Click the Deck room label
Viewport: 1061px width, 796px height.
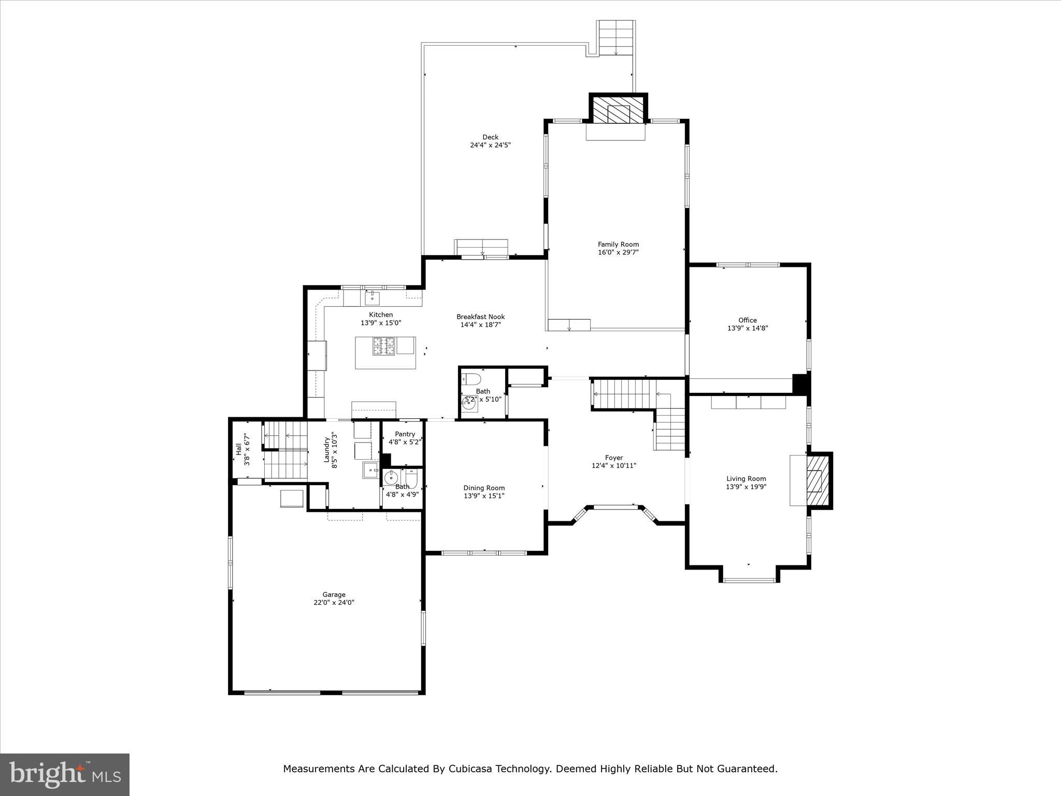tap(490, 137)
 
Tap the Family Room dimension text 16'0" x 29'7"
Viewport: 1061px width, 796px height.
tap(618, 252)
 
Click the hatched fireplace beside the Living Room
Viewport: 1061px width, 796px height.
tap(818, 480)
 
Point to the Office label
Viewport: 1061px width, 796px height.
tap(747, 320)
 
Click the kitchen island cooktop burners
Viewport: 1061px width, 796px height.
tap(384, 346)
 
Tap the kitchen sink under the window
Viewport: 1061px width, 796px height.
tap(372, 298)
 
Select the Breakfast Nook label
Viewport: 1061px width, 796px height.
tap(480, 317)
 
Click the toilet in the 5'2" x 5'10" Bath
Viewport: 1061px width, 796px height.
tap(471, 378)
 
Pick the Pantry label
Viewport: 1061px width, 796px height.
tap(405, 434)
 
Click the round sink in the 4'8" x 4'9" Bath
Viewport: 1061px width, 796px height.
tap(391, 477)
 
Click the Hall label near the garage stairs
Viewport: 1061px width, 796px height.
tap(238, 449)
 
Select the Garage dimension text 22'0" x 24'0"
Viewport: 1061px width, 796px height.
tap(334, 603)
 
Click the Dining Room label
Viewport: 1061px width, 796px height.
tap(484, 488)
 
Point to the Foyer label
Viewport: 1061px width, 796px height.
tap(613, 458)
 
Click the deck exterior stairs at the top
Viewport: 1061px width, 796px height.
tap(615, 38)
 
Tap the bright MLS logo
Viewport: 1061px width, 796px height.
tap(65, 774)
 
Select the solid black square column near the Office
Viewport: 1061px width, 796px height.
tap(800, 384)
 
